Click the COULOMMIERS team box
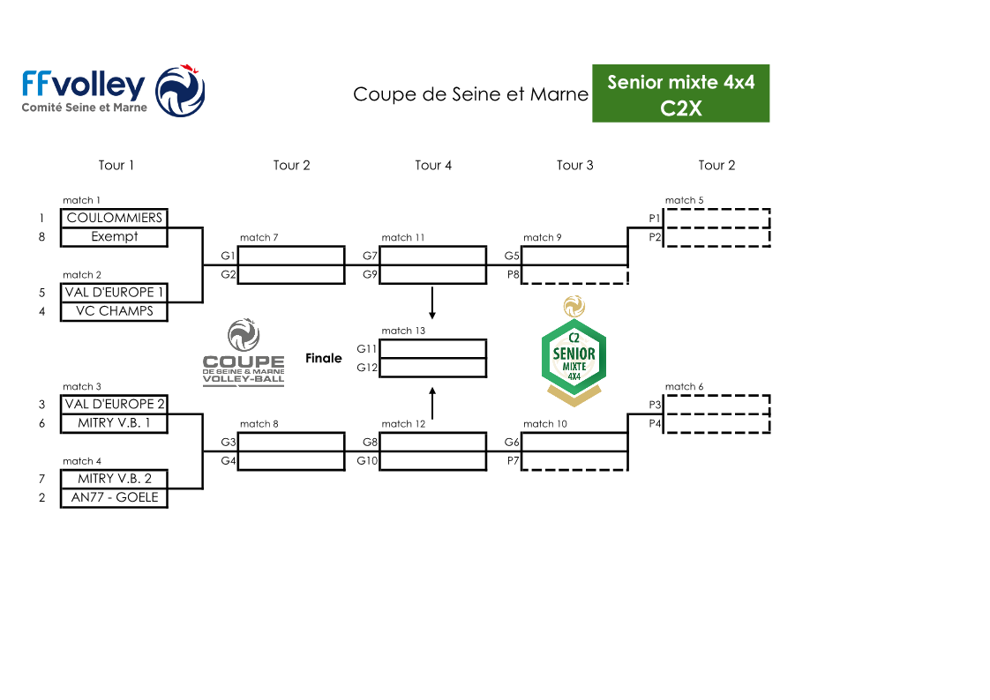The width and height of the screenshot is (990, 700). coord(115,218)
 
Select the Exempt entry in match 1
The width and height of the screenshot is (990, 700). coord(115,237)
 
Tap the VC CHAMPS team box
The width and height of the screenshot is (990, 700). coord(115,311)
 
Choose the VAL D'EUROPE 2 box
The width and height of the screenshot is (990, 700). coord(115,405)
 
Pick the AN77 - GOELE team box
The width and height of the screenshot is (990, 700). coord(115,497)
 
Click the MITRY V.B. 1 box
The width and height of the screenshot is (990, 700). coord(115,423)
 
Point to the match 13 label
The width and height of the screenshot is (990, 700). coord(403,331)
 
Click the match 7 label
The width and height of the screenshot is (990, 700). coord(259,237)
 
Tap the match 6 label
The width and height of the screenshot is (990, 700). coord(684,386)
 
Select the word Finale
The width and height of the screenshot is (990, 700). coord(323,358)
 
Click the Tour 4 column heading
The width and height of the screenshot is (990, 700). coord(433,165)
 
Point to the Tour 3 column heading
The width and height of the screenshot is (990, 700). coord(574,165)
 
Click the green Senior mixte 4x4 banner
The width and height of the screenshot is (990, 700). coord(680,93)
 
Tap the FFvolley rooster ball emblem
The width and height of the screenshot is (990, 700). coord(180,91)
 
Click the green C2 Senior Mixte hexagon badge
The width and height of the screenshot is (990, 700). coord(574,357)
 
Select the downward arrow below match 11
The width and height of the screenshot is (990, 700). coord(432,303)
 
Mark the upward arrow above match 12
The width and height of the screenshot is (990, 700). coord(432,403)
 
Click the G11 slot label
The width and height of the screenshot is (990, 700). coord(366,349)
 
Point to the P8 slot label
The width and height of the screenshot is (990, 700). coord(514,274)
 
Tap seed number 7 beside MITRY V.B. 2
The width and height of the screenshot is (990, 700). coord(41,479)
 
